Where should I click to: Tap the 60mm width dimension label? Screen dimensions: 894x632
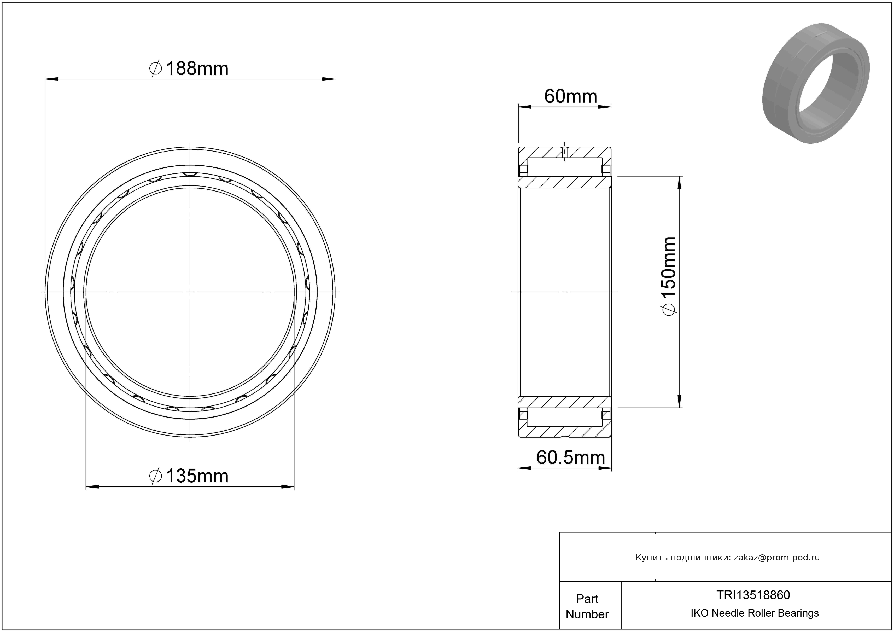[x=570, y=96]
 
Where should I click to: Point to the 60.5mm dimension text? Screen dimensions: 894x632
[x=570, y=457]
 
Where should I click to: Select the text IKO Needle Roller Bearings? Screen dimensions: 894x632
[x=755, y=613]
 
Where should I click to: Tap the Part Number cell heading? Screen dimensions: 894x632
[x=587, y=606]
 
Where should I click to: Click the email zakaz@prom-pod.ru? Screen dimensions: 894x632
[x=777, y=557]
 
